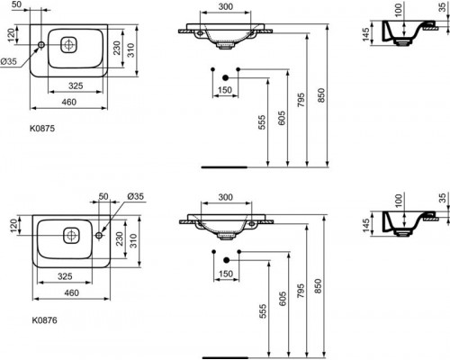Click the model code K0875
[42, 129]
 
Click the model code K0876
[44, 320]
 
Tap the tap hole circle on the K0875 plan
[41, 45]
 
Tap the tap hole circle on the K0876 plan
[99, 236]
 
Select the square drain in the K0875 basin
[68, 45]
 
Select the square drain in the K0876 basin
[71, 236]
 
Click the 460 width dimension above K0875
[69, 103]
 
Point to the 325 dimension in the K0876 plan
[65, 276]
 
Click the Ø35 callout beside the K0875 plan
[8, 62]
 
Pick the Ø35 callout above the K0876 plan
[136, 196]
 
